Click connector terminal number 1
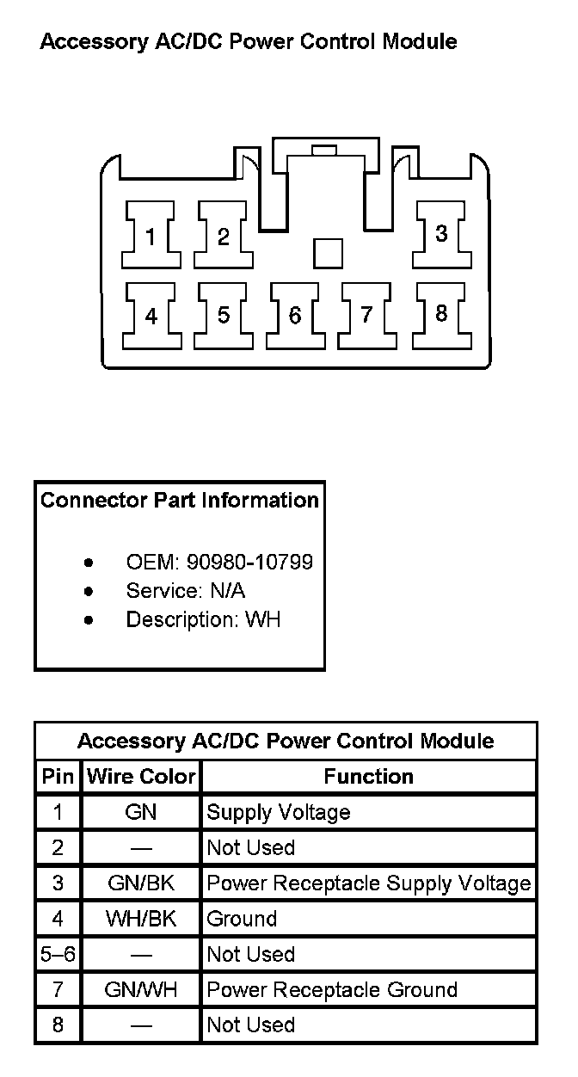coord(151,236)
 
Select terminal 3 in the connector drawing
coord(440,234)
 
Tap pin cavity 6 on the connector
coord(295,316)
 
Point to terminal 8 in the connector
coord(440,314)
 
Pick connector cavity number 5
coord(223,316)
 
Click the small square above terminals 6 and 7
coord(328,253)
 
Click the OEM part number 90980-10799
coord(249,563)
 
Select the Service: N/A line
coord(185,591)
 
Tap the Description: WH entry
coord(203,619)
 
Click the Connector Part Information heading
coord(180,500)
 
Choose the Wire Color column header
coord(141,777)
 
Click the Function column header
coord(368,777)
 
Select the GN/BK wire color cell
coord(141,883)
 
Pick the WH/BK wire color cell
coord(141,919)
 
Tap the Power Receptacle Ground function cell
coord(332,990)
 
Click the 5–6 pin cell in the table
coord(58,955)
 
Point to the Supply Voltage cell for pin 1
coord(279,813)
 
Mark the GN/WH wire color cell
coord(141,990)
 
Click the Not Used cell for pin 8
coord(251,1025)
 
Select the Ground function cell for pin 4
coord(242,919)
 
